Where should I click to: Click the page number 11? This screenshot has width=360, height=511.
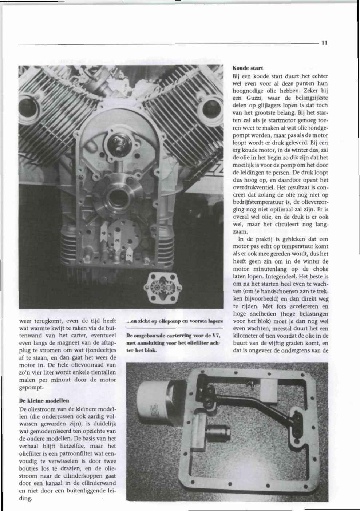(x=324, y=43)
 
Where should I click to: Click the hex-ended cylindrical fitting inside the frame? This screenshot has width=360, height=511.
(x=221, y=433)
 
